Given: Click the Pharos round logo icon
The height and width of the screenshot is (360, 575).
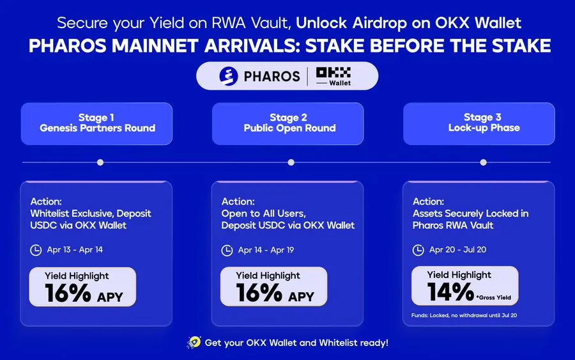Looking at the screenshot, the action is [x=229, y=76].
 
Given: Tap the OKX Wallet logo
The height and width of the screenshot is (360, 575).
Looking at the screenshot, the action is [x=333, y=76].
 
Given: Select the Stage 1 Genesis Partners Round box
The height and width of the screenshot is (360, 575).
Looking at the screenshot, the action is [x=97, y=123].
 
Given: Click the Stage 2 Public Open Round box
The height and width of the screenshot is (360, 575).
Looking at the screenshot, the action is [x=288, y=123].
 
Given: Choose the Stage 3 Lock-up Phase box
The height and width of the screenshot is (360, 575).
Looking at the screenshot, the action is [x=479, y=123].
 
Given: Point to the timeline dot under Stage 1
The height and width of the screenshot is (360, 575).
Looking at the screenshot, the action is [x=100, y=162].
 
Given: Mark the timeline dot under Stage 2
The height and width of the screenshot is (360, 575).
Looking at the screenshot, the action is [x=291, y=162].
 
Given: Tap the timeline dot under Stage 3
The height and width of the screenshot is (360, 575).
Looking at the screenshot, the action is [x=484, y=162].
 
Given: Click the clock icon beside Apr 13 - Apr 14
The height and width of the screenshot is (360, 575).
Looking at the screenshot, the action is [x=36, y=250].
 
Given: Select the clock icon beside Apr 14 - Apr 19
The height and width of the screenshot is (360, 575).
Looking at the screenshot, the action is [x=227, y=251].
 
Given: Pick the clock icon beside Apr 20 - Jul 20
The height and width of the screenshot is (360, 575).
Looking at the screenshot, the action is [x=418, y=250].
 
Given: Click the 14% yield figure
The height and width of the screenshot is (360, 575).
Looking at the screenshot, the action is [x=450, y=292].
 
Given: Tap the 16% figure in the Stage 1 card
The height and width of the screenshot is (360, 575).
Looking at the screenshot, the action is [x=68, y=293].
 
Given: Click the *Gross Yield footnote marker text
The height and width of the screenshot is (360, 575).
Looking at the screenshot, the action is [x=494, y=297].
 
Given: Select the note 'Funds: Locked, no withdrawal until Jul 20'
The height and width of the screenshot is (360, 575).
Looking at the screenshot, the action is [x=464, y=315].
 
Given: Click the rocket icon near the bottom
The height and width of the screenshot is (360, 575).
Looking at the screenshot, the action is [x=194, y=342].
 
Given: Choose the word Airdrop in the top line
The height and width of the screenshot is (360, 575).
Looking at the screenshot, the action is [x=379, y=23].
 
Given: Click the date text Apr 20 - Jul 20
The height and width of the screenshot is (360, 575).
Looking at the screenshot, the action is [x=457, y=249].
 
